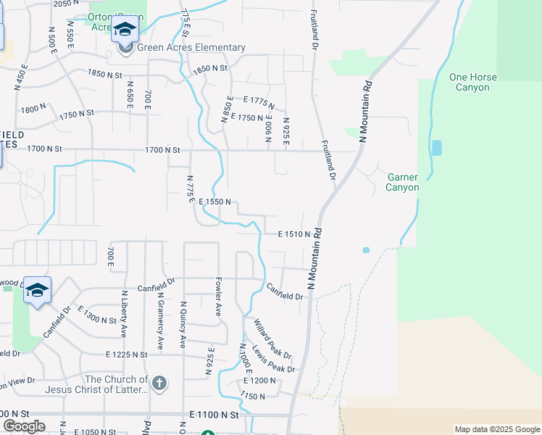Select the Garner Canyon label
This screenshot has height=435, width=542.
[403, 182]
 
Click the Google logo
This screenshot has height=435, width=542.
[24, 426]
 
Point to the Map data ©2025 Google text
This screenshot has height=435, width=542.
[497, 429]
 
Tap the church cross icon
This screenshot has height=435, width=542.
[159, 382]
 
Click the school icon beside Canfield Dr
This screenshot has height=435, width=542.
[37, 291]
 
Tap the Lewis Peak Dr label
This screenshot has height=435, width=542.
[276, 359]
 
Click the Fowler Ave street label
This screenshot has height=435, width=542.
[217, 296]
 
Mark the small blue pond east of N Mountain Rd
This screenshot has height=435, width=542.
[366, 250]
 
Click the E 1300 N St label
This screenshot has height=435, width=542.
[97, 317]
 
